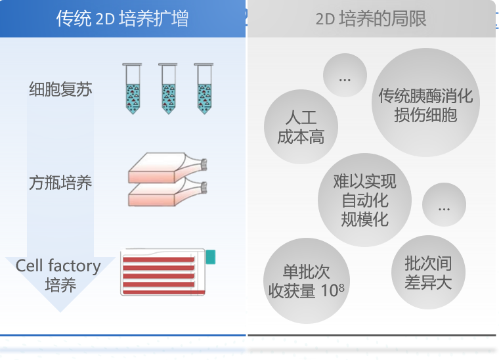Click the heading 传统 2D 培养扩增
[x=122, y=18]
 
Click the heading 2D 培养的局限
[x=371, y=18]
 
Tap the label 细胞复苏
[x=60, y=89]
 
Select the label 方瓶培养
[x=60, y=183]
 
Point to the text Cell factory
[x=58, y=266]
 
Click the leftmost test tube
[x=133, y=89]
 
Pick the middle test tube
[x=168, y=89]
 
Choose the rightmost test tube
[x=204, y=89]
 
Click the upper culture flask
[x=167, y=168]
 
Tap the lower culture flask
[x=167, y=192]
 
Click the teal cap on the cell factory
[x=211, y=257]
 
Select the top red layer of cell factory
[x=158, y=259]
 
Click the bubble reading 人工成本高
[x=301, y=127]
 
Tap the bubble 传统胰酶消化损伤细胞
[x=426, y=102]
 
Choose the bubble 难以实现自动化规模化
[x=364, y=200]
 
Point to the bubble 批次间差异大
[x=428, y=272]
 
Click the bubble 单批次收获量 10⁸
[x=307, y=281]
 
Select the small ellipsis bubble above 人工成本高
[x=345, y=76]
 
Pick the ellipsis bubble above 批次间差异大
[x=445, y=205]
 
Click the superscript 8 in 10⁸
[x=341, y=288]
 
